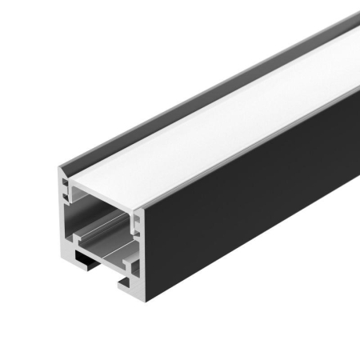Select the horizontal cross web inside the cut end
tap(100, 240)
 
